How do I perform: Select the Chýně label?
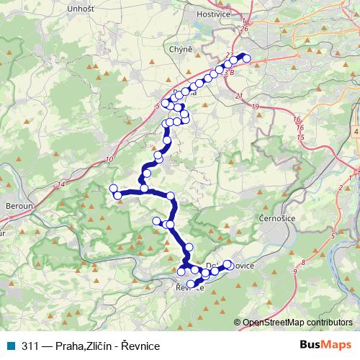181,48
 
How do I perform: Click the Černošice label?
275,217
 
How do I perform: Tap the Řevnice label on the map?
189,288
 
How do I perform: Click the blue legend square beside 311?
14,346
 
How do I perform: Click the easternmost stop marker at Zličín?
247,58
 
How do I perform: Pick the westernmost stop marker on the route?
113,189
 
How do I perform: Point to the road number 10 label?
109,160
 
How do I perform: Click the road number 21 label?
238,95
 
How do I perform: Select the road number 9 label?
295,271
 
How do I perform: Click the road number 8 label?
304,262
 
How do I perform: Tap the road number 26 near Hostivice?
246,29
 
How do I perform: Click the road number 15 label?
300,137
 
